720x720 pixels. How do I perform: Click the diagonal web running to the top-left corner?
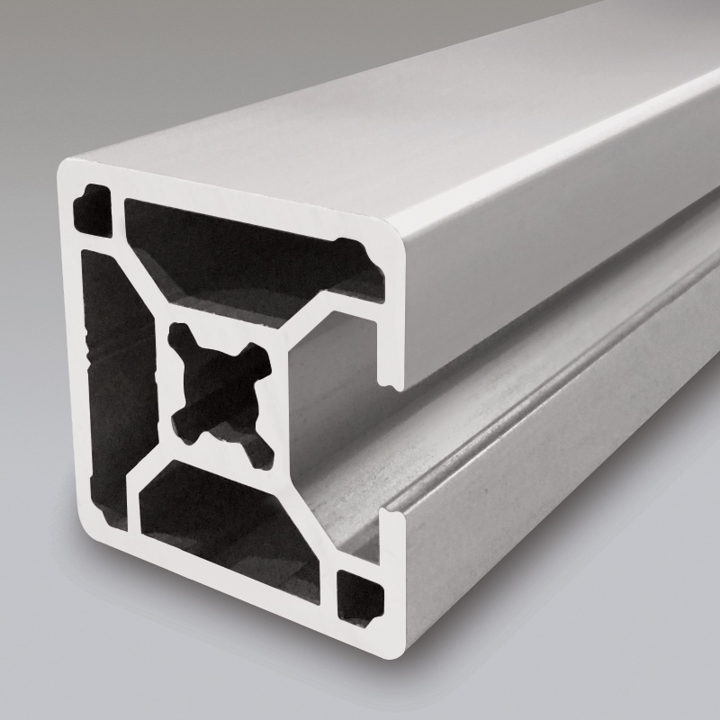(135, 261)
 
